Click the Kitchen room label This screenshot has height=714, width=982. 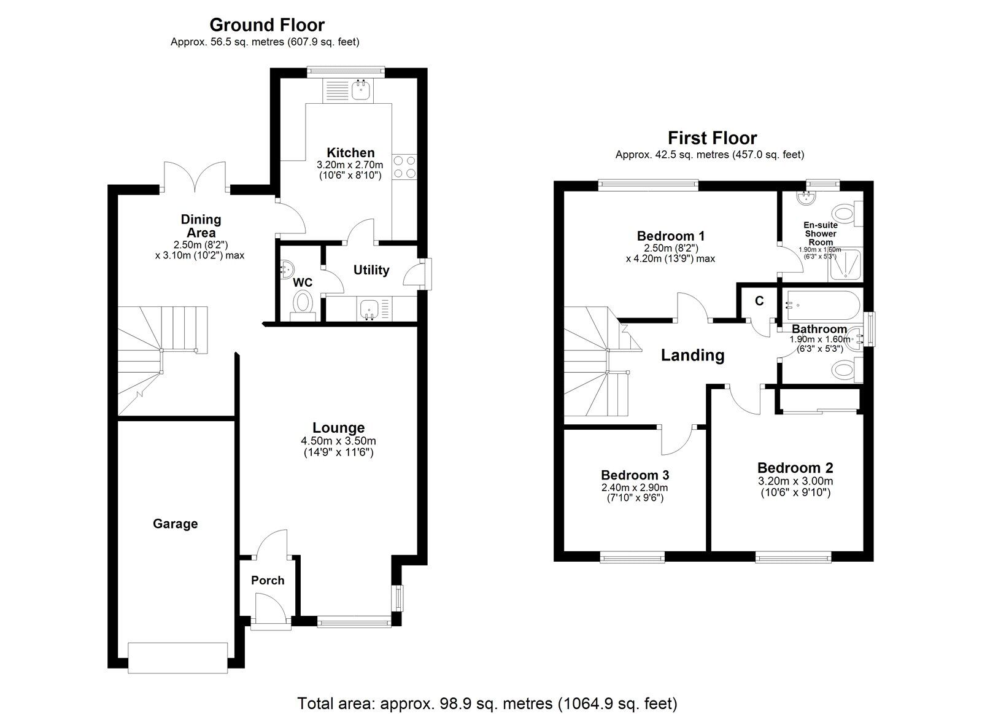(x=350, y=153)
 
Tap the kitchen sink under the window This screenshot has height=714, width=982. (x=361, y=91)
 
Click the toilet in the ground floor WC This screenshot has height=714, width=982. (x=303, y=303)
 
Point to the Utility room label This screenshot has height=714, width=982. (x=371, y=270)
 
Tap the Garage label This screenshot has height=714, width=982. (x=175, y=524)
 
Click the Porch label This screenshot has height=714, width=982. (x=268, y=580)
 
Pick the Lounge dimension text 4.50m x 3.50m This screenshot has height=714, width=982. (x=338, y=441)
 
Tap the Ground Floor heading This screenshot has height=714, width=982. (x=266, y=25)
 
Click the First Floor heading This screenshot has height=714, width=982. (x=712, y=138)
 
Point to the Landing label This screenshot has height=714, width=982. (x=692, y=355)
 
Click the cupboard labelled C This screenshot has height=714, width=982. (x=759, y=301)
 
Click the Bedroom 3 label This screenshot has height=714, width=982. (x=635, y=475)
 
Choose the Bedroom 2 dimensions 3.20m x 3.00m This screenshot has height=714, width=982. (x=795, y=481)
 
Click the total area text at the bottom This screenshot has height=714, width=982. (x=487, y=702)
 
